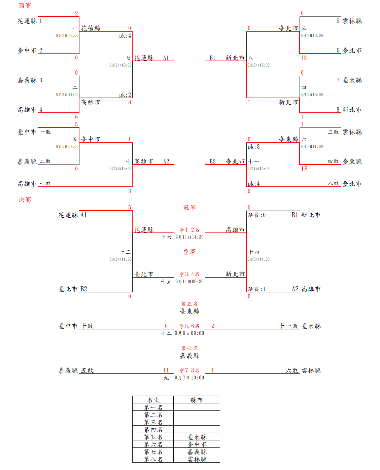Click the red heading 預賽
point(25,6)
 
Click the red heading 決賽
point(25,200)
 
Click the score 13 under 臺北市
point(304,58)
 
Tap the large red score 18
point(304,169)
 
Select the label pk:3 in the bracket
point(253,147)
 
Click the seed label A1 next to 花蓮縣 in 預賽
point(166,58)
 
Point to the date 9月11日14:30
point(189,237)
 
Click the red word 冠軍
point(189,208)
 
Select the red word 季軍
point(189,252)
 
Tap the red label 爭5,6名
point(189,326)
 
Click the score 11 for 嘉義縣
point(166,370)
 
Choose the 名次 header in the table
point(153,400)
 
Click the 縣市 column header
point(197,400)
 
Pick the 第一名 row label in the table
point(153,407)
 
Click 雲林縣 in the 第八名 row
point(197,459)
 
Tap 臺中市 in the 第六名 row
point(197,444)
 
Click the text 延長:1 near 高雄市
point(256,289)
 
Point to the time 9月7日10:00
point(189,378)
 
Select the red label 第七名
point(189,348)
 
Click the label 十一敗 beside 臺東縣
point(288,326)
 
